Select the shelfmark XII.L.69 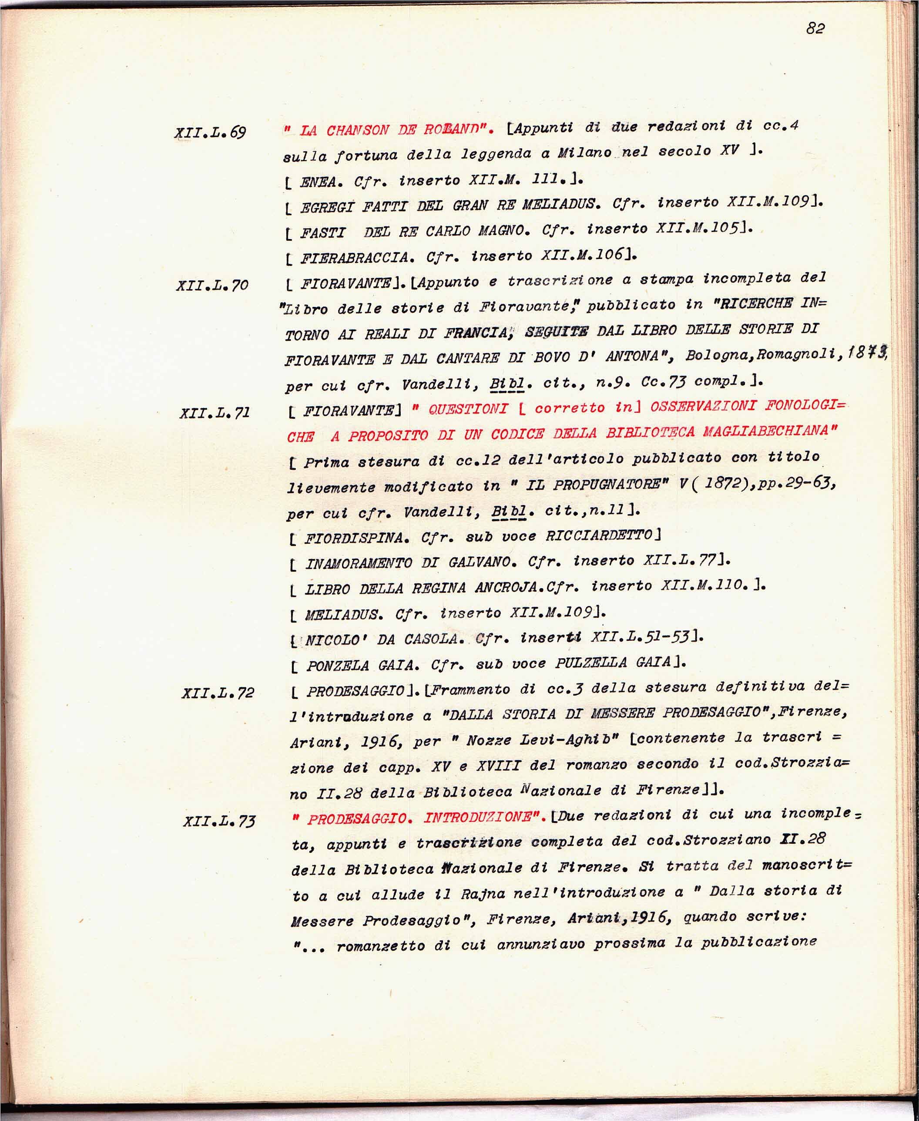[210, 132]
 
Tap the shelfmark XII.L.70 [212, 286]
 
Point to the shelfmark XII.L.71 [215, 413]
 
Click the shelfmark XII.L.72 [218, 693]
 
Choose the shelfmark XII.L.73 [219, 821]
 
